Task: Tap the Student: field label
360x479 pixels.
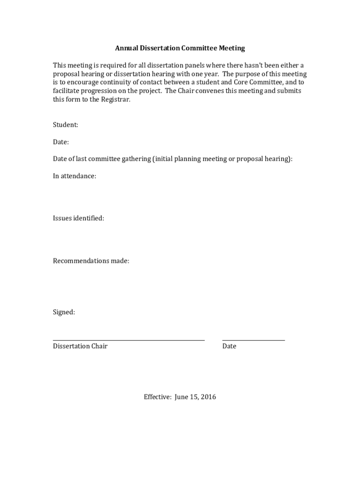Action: (65, 125)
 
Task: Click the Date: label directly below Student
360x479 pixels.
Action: (61, 142)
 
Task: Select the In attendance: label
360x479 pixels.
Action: (74, 176)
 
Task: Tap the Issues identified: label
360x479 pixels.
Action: (79, 218)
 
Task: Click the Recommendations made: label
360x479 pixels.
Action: (91, 261)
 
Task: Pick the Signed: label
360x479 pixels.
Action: (64, 312)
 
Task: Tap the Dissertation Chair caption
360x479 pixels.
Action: (80, 346)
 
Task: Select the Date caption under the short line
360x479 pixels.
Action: (229, 346)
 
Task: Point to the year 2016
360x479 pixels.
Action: (208, 397)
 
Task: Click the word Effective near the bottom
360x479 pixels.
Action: (158, 397)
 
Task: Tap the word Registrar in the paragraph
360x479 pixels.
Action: (116, 100)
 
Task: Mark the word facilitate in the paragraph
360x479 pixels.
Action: (67, 91)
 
